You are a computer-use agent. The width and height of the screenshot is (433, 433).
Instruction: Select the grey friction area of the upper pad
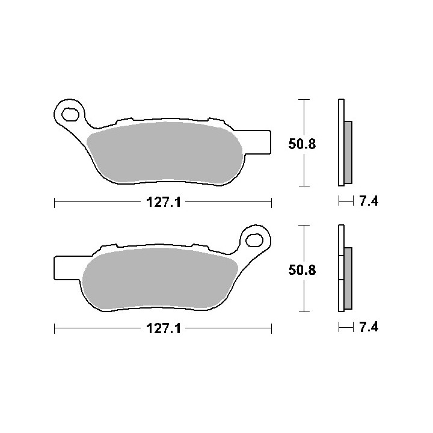[165, 152]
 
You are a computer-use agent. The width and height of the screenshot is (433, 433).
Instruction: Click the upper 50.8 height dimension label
[302, 144]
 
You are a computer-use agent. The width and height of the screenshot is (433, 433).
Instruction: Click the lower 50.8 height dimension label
[302, 270]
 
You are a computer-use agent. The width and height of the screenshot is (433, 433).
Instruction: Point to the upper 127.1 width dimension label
[164, 203]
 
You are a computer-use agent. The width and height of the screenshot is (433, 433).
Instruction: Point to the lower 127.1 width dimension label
[164, 328]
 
